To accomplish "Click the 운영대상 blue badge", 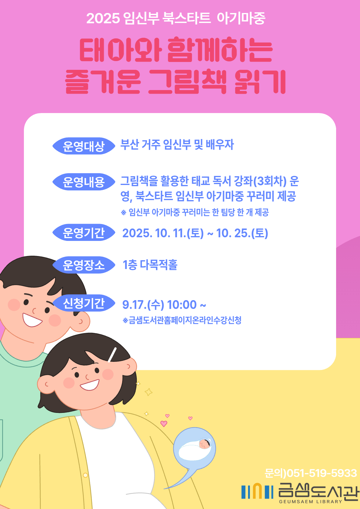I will [83, 146].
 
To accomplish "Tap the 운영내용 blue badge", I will [83, 182].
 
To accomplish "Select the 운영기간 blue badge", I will [83, 233].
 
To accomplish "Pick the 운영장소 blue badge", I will [83, 265].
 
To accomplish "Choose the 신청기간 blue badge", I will [83, 303].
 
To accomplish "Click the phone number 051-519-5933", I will [322, 473].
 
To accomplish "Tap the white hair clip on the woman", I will [112, 355].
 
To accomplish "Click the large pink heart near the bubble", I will [164, 423].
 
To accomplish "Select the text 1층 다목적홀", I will [150, 265].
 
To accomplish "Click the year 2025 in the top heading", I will [103, 18].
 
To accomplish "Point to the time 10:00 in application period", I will [182, 305].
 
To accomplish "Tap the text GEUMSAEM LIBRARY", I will [310, 501].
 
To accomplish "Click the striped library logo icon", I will [257, 491].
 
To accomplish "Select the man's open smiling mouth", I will [32, 320].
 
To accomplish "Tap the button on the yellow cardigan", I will [85, 475].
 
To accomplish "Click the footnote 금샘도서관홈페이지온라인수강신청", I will [185, 320].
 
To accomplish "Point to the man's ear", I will [81, 321].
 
